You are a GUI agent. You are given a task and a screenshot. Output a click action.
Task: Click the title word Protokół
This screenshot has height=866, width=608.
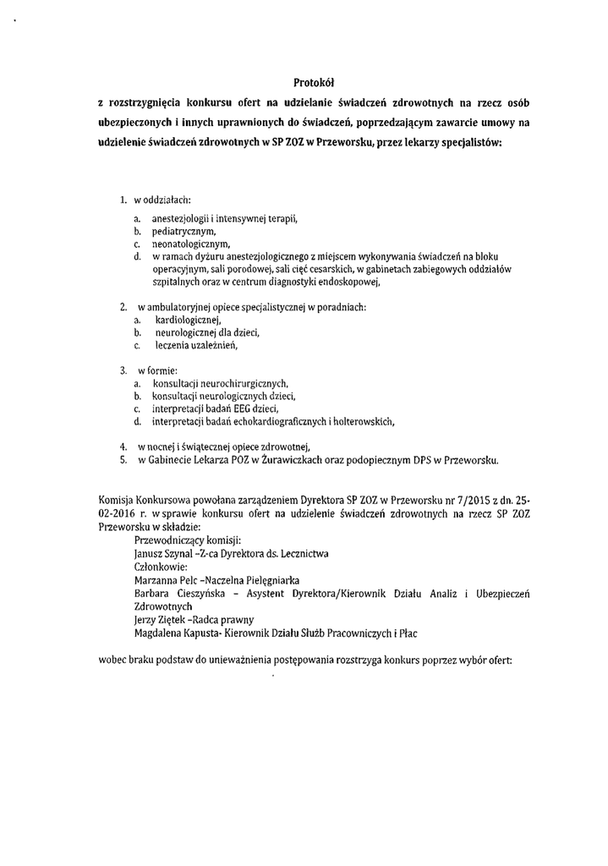tap(315, 83)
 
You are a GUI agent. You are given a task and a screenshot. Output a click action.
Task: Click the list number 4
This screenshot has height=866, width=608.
tap(123, 446)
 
